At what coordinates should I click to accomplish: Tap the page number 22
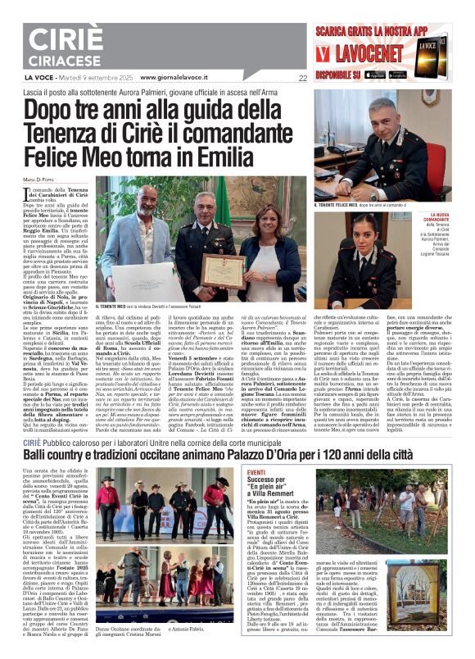click(x=302, y=79)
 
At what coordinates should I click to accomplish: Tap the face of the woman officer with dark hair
click(x=365, y=239)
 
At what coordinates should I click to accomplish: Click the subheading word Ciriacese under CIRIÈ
click(x=61, y=61)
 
